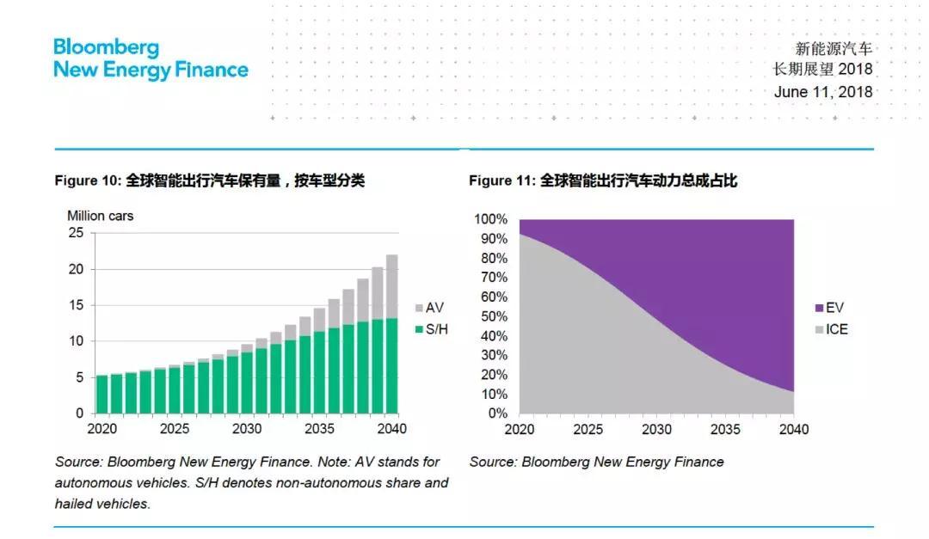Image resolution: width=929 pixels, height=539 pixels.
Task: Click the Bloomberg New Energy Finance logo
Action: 151,58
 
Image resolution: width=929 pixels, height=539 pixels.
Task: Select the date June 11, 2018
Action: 822,92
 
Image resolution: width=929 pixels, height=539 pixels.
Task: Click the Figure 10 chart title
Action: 209,181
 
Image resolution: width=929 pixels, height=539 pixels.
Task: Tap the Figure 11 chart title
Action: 603,181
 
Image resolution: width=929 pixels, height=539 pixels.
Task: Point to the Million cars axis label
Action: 101,216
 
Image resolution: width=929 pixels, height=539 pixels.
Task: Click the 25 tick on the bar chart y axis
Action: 77,233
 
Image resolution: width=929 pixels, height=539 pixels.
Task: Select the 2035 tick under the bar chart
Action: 320,429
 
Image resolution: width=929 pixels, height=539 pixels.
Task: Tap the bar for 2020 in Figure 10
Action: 102,394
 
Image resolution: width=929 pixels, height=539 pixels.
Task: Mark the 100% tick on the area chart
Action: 491,220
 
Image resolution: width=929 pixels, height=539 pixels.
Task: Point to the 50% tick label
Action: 494,316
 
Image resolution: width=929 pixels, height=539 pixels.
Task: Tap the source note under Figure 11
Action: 596,462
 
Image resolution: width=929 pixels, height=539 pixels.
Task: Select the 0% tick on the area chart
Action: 497,413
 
